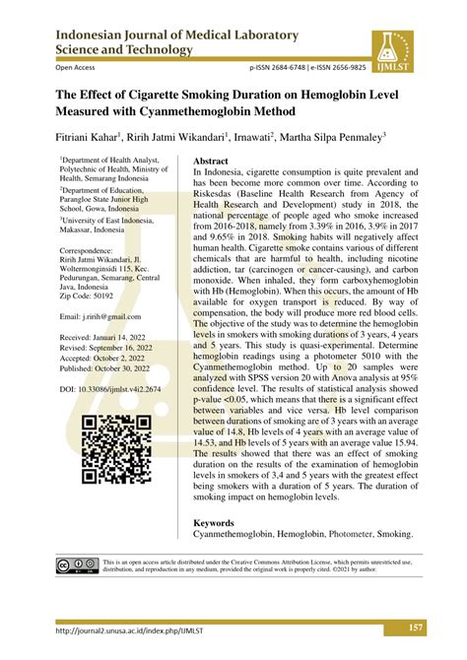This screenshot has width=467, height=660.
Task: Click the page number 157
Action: (x=416, y=629)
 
